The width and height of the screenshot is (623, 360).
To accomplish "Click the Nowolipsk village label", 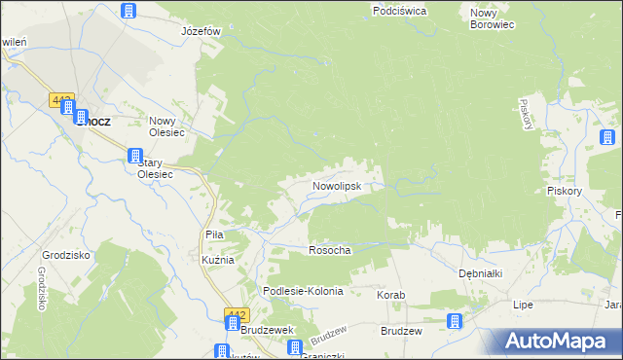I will coord(338,185).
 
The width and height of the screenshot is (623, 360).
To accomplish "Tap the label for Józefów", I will coord(202,31).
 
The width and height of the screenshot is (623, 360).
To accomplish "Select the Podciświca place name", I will coord(400,11).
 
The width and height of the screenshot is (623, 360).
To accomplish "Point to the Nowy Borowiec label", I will coord(492,18).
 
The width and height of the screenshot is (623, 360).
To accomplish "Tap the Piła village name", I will coord(215,234).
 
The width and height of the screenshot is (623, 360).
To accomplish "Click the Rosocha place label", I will coord(329,250).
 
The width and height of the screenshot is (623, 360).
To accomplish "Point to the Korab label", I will coord(390,294).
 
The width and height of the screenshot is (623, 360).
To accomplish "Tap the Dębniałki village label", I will coord(480,273).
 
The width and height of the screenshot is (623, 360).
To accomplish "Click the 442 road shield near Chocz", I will coord(62,100).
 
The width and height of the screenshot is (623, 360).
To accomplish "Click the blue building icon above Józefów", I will coord(128,12).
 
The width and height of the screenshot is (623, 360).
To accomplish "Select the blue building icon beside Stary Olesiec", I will coord(135,156).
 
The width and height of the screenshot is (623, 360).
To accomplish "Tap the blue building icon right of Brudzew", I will coord(454,322).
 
